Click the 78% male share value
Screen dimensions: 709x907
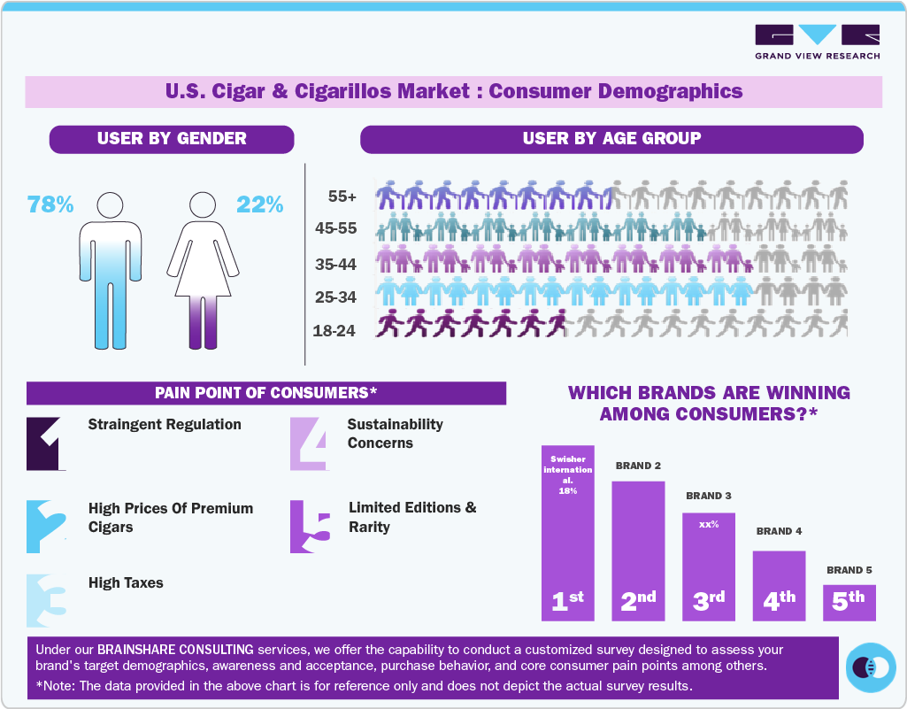tap(50, 204)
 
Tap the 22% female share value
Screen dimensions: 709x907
tap(259, 204)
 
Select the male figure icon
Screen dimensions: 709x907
tap(111, 270)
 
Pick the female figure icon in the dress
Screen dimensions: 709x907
tap(204, 270)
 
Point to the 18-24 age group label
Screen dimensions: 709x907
tap(334, 331)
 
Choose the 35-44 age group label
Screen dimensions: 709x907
tap(335, 264)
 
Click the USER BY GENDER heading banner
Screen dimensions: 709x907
tap(172, 139)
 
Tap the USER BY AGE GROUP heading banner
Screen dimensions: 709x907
tap(611, 139)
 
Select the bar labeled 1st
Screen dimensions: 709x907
tap(567, 531)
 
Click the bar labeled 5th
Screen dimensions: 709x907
tap(849, 602)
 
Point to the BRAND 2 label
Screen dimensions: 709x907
tap(638, 466)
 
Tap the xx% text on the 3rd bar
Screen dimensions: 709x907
tap(708, 524)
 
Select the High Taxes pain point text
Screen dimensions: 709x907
tap(126, 582)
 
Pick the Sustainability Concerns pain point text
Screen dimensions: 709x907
tap(395, 434)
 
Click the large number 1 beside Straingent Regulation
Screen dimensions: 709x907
tap(46, 443)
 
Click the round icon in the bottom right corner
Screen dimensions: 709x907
tap(871, 667)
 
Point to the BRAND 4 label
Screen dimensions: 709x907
tap(779, 531)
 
